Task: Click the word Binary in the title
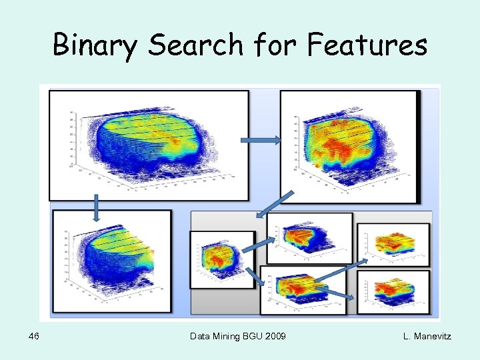[95, 46]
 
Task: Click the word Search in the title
[195, 45]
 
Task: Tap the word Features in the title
[367, 45]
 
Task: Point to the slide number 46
[34, 336]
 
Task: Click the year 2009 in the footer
[275, 336]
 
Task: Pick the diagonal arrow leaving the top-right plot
[275, 205]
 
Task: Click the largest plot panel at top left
[149, 145]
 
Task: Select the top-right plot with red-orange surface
[349, 146]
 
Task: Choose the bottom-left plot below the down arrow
[111, 261]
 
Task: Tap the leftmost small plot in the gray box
[223, 259]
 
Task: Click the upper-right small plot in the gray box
[393, 245]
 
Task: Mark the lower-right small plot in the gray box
[393, 291]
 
